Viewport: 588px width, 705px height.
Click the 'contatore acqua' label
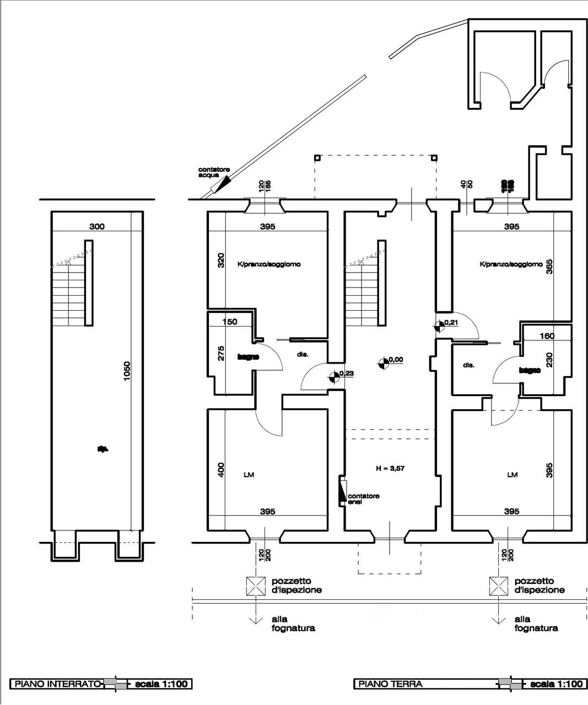(214, 172)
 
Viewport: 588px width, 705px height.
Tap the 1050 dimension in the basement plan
(127, 372)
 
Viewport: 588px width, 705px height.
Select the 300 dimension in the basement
(97, 226)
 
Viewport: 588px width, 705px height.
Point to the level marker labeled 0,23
(334, 377)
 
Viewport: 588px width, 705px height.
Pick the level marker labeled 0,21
(440, 326)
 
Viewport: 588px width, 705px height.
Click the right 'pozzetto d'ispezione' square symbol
(498, 585)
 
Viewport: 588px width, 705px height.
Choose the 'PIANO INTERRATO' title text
(57, 684)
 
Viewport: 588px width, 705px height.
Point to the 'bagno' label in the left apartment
(248, 357)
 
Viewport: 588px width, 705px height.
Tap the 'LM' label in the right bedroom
(513, 475)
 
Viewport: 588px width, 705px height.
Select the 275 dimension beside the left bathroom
(221, 352)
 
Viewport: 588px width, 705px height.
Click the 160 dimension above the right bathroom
(547, 336)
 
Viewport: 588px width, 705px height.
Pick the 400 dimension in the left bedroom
(221, 470)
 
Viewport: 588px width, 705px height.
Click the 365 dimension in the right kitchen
(549, 267)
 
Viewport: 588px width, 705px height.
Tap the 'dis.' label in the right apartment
(469, 365)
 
